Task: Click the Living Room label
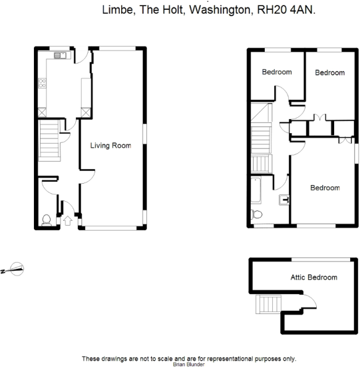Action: pos(111,146)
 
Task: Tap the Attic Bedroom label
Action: pos(314,277)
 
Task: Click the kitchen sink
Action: pos(61,55)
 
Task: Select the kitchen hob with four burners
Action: pos(42,83)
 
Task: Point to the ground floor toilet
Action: pos(46,220)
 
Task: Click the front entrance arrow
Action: pos(67,221)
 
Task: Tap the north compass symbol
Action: pos(14,269)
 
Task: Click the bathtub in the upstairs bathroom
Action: pos(256,191)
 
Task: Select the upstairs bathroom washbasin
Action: pos(285,200)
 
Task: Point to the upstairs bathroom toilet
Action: pos(257,215)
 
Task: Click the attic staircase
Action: pos(269,304)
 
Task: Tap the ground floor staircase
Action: pos(49,141)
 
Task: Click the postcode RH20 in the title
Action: pos(272,10)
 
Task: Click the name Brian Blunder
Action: pos(188,364)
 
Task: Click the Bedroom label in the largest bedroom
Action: pos(325,188)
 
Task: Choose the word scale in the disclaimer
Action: pos(166,359)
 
